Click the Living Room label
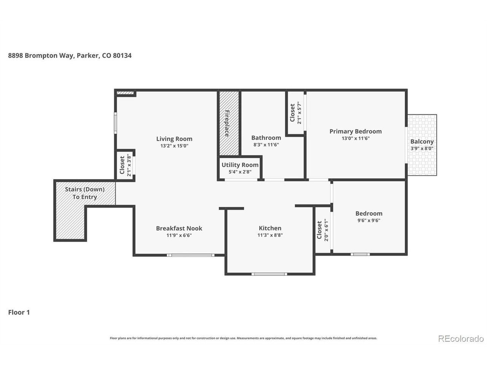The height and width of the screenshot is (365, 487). (174, 139)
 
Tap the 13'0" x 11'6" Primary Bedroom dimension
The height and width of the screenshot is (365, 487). (355, 138)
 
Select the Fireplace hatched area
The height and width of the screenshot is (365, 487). (229, 123)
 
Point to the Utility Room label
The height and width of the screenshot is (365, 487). (240, 165)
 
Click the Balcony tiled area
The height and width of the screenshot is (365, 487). (422, 145)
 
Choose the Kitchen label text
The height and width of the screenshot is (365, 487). (270, 228)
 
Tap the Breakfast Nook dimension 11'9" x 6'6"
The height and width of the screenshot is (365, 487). (179, 235)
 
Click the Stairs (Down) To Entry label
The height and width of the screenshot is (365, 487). (85, 193)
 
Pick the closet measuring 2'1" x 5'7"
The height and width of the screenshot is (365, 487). (296, 113)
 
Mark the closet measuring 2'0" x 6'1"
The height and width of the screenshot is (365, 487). (323, 230)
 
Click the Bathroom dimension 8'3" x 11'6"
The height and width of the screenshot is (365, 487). (266, 145)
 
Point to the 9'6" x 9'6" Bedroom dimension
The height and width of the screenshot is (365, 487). (369, 220)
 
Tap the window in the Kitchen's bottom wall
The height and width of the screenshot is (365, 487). (269, 274)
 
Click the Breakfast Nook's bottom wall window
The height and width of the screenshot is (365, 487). (191, 255)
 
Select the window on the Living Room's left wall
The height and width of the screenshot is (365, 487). (115, 123)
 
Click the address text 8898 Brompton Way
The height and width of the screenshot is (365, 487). (41, 56)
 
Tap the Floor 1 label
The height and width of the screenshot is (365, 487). (19, 312)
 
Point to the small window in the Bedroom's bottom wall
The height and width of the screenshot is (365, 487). (360, 254)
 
